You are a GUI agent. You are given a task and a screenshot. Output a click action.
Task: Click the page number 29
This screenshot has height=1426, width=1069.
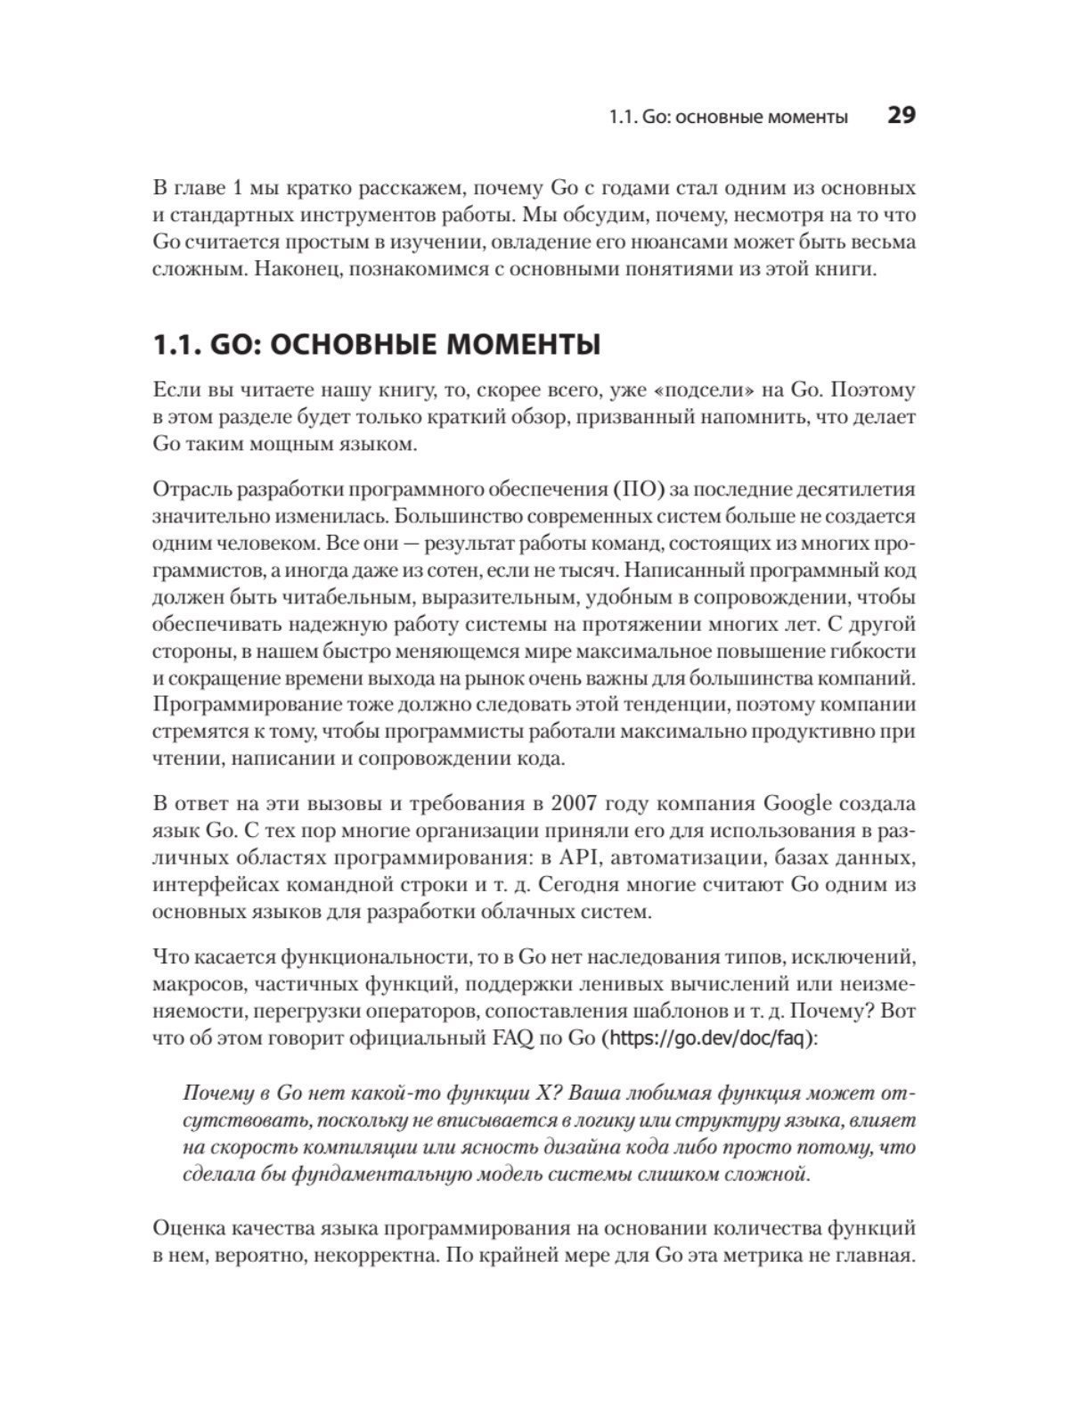coord(901,116)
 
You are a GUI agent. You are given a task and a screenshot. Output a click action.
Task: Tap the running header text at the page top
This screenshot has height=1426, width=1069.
coord(728,117)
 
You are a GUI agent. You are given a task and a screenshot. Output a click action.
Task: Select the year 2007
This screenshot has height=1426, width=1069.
coord(575,803)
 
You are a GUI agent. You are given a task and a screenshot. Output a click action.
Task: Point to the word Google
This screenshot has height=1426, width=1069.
coord(796,803)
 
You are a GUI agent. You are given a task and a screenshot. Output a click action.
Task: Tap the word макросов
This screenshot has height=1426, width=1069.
coord(197,985)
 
